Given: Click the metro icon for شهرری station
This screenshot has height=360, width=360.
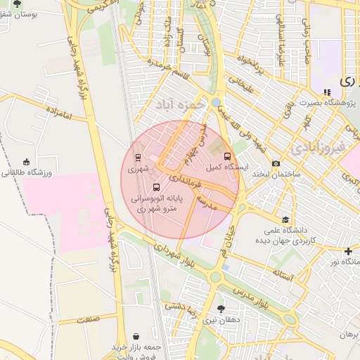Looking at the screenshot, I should click(x=137, y=157).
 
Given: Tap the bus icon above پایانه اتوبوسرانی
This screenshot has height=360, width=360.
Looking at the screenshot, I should click(x=156, y=188).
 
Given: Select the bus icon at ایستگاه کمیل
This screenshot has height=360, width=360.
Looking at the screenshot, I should click(x=226, y=157).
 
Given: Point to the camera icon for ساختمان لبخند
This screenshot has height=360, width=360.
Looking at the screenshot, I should click(x=276, y=162).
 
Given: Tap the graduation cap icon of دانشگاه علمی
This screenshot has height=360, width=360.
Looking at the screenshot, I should click(x=285, y=220).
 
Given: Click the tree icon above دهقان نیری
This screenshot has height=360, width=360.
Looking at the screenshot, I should click(x=221, y=309).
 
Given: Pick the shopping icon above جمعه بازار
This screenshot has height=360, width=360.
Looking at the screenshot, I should click(x=135, y=337).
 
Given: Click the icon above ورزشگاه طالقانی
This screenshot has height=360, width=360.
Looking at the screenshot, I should click(x=27, y=162).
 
